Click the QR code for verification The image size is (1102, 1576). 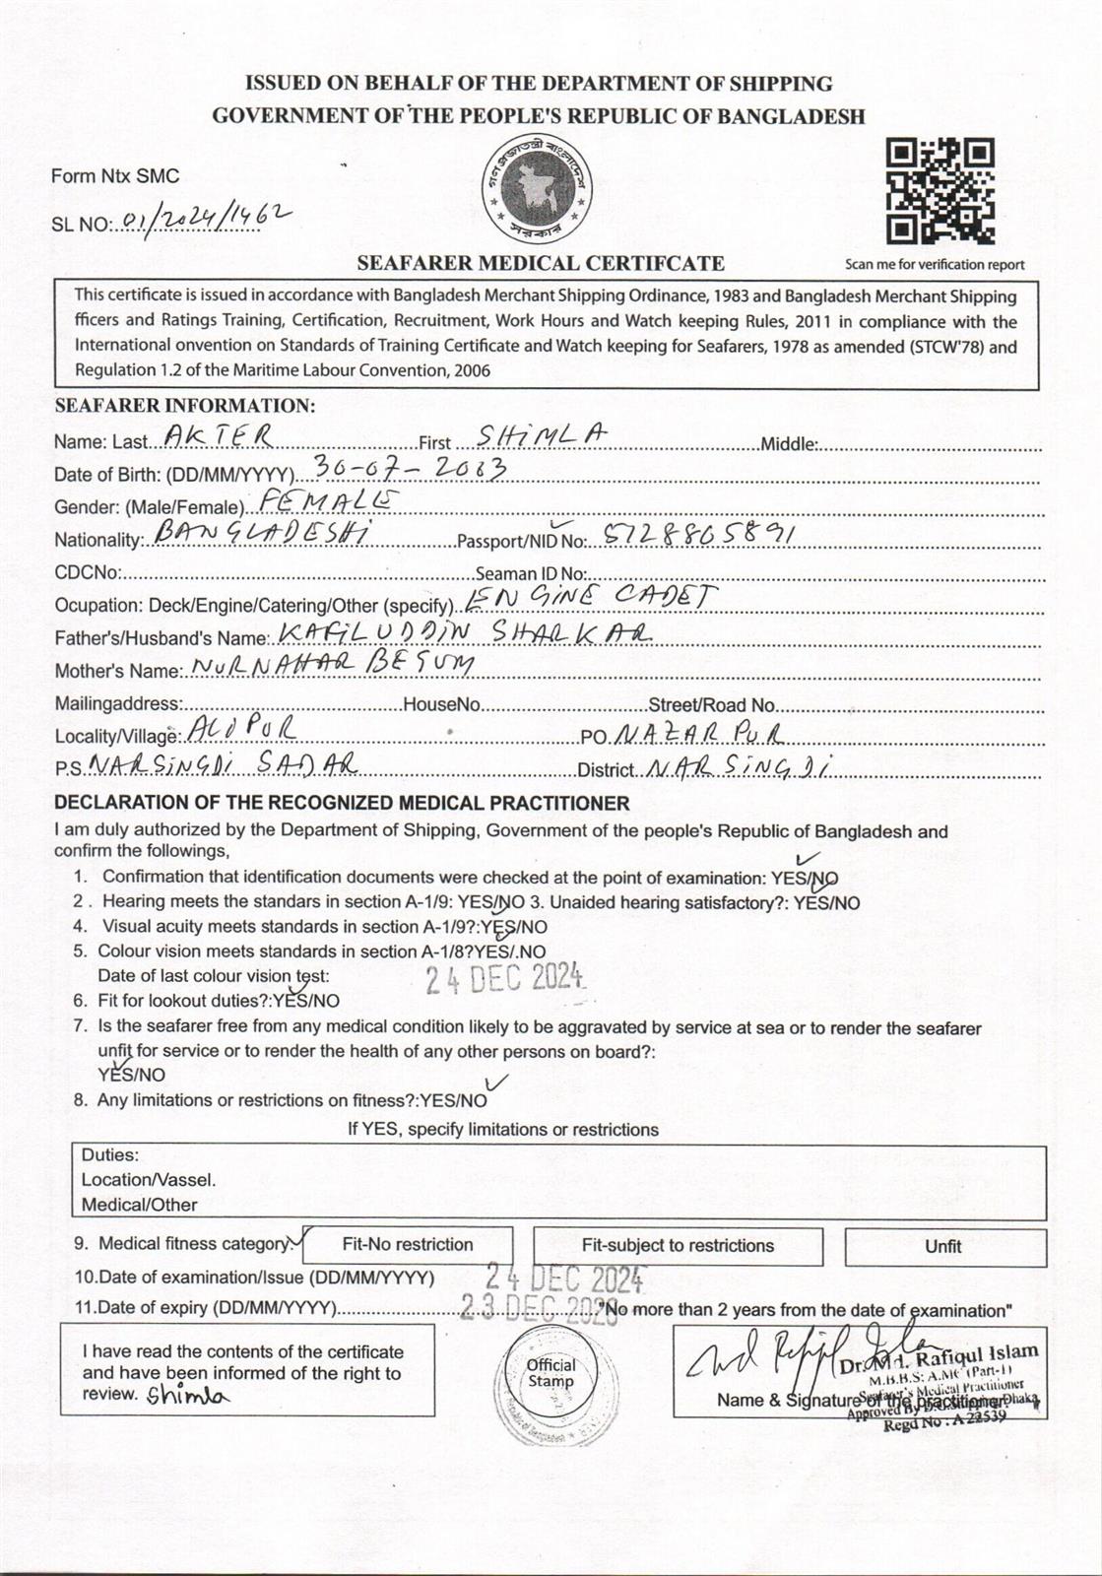940,191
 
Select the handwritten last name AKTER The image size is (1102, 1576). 218,435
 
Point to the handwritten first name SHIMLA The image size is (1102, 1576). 541,435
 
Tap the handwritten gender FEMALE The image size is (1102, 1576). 326,500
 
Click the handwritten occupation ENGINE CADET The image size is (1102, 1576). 590,598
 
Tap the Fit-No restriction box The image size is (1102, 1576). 408,1245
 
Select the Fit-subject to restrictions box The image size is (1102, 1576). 678,1246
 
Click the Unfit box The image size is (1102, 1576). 943,1247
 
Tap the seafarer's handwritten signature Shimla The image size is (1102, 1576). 187,1395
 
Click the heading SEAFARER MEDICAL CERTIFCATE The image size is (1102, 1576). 541,263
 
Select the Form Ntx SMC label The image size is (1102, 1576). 115,176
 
